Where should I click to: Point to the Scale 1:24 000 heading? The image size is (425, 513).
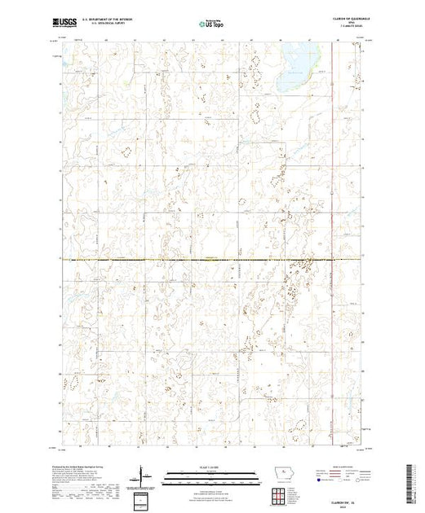(x=209, y=467)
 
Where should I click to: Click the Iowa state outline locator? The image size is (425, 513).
(x=278, y=475)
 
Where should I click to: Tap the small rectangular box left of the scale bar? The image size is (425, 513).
(x=143, y=498)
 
